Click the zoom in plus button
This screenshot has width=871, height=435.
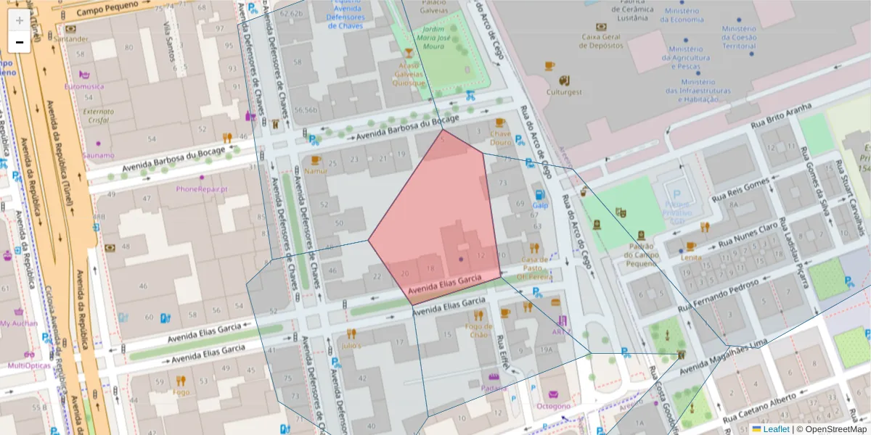point(19,20)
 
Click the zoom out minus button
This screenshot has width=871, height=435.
point(19,42)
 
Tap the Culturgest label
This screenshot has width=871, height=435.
point(564,92)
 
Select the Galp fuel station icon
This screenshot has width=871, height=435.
point(539,194)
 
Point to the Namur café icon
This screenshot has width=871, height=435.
point(315,160)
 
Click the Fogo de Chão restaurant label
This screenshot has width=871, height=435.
point(478,330)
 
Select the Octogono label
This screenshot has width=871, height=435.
point(554,406)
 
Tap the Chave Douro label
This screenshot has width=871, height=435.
point(500,138)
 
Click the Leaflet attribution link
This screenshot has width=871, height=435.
point(776,429)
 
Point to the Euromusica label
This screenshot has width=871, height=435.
point(84,86)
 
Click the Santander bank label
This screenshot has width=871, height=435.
point(71,38)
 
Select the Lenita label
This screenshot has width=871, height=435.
point(691,257)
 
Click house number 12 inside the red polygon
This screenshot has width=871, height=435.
point(481,255)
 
